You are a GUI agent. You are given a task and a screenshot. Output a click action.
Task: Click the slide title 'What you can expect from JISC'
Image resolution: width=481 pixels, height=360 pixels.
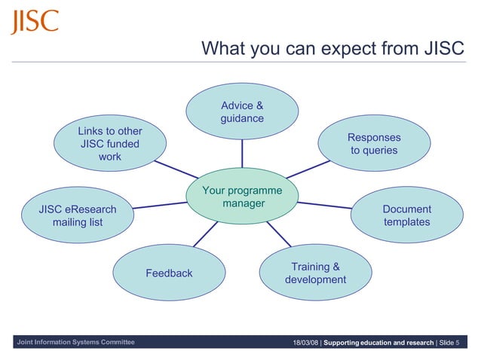332,49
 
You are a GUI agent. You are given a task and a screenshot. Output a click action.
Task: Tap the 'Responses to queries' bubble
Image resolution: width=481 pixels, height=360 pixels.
374,144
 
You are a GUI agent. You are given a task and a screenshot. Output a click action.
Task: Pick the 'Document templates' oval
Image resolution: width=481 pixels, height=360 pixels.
406,215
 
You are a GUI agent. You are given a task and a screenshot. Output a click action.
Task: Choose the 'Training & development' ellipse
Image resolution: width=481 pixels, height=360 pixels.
315,273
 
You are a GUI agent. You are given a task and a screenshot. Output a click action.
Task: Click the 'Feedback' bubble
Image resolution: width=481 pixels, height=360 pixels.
170,273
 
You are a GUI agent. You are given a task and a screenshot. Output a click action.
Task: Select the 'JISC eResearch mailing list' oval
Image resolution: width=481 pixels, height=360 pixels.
78,215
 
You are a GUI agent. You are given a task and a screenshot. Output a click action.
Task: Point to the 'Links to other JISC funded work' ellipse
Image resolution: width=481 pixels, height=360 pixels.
110,144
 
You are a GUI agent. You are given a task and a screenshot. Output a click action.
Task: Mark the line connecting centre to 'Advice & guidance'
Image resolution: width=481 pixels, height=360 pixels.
242,154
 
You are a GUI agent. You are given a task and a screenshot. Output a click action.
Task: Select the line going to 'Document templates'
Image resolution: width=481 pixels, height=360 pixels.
324,205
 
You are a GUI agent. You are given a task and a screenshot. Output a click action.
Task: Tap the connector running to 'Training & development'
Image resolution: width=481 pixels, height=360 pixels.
280,235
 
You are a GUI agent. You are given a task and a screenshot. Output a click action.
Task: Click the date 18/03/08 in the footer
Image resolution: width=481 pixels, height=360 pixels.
305,343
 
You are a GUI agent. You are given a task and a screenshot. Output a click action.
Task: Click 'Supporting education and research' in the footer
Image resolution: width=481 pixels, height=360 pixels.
378,343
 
